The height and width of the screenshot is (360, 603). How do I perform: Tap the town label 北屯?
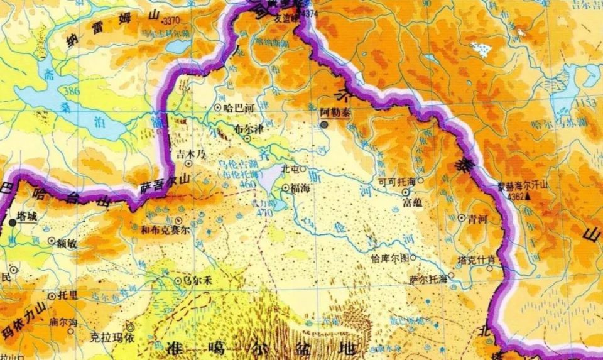[290, 168]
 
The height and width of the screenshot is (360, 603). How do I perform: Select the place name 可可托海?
[397, 181]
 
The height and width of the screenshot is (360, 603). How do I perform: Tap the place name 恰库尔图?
[390, 258]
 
